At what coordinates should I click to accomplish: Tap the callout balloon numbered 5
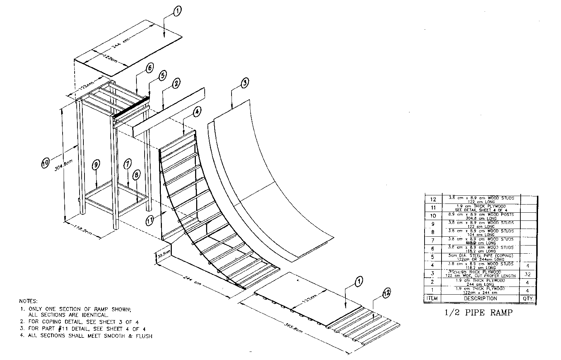point(162,76)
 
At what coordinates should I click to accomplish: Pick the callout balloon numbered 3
point(245,83)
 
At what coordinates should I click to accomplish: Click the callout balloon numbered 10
point(46,163)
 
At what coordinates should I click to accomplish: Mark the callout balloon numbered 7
point(128,163)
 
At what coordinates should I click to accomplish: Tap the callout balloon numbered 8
point(136,174)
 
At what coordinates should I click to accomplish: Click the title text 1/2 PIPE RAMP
point(480,313)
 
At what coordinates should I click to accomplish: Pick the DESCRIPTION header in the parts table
point(479,299)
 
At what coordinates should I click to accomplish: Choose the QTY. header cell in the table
point(528,299)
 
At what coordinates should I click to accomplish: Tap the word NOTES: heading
point(28,301)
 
